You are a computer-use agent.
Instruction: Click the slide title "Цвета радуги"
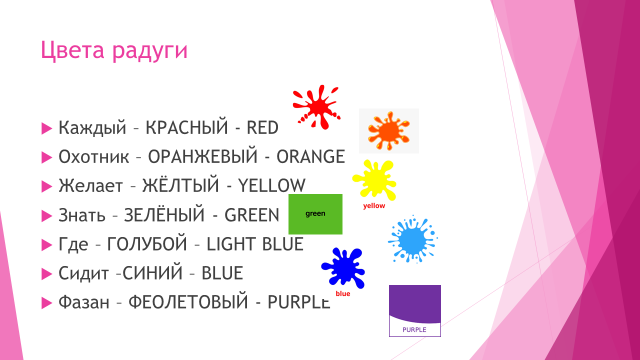click(114, 51)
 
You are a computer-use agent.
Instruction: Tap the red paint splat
click(316, 107)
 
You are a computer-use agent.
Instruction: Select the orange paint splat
click(388, 131)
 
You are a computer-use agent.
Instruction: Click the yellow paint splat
click(374, 180)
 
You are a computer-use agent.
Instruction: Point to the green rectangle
click(316, 214)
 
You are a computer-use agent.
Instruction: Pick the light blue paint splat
click(413, 239)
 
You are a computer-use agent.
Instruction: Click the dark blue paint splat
click(343, 268)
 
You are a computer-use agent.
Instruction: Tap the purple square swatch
click(415, 311)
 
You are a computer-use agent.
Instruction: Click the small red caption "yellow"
click(374, 206)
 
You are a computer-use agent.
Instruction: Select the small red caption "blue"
click(343, 293)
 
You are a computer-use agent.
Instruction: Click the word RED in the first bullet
click(262, 128)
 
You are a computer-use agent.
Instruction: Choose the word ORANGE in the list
click(311, 157)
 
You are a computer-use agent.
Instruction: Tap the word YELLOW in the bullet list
click(271, 186)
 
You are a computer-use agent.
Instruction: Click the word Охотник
click(94, 157)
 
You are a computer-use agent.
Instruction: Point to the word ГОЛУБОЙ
click(147, 244)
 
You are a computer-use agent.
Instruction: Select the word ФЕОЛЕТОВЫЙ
click(188, 302)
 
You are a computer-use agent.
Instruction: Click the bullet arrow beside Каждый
click(47, 128)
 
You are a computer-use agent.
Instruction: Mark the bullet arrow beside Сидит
click(47, 274)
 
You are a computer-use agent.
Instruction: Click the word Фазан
click(84, 302)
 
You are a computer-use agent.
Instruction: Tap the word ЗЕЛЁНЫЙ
click(164, 215)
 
